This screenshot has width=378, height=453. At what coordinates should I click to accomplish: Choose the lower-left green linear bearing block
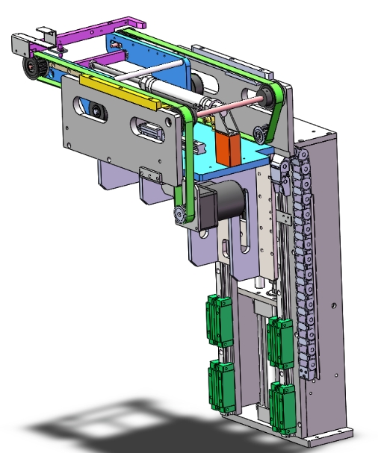223,383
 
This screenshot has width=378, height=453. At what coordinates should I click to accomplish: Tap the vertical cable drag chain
303,261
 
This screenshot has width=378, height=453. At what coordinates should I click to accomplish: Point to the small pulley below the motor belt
180,216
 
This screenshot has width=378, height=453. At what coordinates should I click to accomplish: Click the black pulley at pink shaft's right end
262,95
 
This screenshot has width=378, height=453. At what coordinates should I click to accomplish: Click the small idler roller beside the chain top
258,134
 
